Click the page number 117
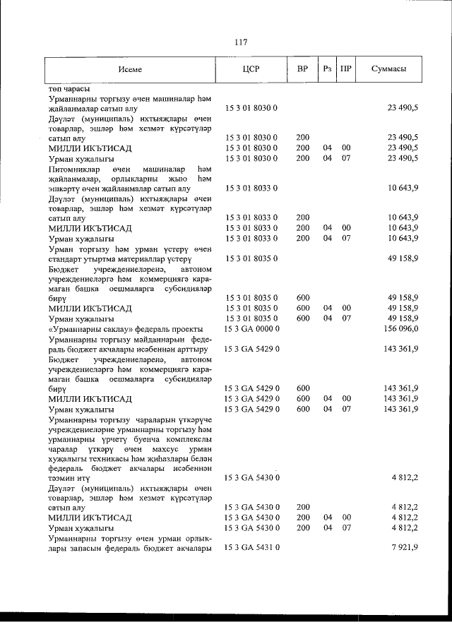[240, 42]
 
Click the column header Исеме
[131, 69]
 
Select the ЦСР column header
[252, 69]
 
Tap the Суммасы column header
[388, 69]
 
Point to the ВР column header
[302, 69]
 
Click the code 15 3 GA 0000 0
[252, 329]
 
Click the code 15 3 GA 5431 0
[252, 548]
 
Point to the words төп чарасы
[69, 89]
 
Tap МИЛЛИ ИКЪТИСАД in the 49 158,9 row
[90, 309]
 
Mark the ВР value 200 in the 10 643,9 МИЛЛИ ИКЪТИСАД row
[302, 228]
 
